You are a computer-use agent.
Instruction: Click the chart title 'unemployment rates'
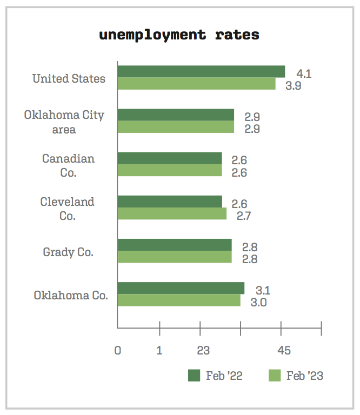click(179, 35)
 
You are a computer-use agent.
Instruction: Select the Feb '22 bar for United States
click(201, 71)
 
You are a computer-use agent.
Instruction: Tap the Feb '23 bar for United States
click(196, 84)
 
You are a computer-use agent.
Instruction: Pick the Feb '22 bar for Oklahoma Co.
click(181, 288)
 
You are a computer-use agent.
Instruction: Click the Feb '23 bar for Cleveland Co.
click(172, 214)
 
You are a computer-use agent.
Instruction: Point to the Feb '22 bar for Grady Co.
click(175, 245)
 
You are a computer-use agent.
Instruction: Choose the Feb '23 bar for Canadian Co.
click(170, 170)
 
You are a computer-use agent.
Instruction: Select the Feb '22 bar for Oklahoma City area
click(176, 115)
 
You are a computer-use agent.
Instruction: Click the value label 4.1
click(303, 74)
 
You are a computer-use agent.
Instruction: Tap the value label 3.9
click(293, 85)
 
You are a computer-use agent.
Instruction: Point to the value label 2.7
click(244, 216)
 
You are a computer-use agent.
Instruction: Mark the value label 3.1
click(262, 290)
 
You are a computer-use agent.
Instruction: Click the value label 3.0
click(258, 302)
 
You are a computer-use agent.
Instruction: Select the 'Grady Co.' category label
click(68, 252)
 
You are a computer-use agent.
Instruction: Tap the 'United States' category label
click(69, 78)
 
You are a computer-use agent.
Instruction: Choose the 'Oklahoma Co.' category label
click(71, 296)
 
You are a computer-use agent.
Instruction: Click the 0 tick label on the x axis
click(118, 351)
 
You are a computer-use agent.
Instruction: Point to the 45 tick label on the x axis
click(284, 351)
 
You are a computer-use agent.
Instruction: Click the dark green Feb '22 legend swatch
click(194, 376)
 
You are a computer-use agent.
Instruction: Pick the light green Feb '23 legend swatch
click(275, 376)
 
